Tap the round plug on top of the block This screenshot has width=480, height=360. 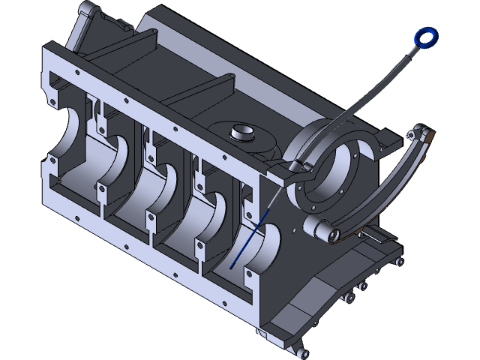[243, 133]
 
